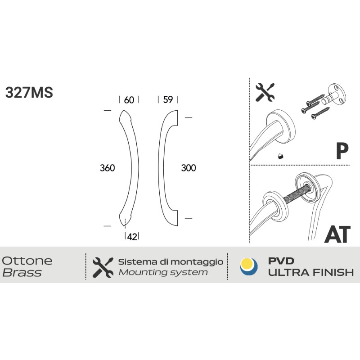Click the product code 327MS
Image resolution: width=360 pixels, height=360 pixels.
tap(29, 92)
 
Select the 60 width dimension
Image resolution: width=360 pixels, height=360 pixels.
tap(129, 100)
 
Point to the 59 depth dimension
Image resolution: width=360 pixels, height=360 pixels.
tap(168, 100)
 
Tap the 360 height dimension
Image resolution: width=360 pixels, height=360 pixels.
tap(107, 168)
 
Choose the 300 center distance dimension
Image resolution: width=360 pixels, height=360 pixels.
tap(189, 168)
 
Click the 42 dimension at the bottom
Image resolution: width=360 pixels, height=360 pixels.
tap(132, 237)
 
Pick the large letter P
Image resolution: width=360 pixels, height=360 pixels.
tap(342, 151)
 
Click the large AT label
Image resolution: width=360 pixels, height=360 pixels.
tap(337, 234)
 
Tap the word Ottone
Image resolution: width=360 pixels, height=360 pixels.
tap(27, 261)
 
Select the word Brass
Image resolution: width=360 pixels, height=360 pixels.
tap(22, 273)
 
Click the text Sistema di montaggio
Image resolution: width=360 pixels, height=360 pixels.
tap(171, 262)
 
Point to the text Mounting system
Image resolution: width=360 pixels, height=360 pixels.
tap(163, 273)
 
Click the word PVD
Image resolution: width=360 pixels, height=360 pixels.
tap(281, 261)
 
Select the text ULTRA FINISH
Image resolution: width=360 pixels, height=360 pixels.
tap(311, 273)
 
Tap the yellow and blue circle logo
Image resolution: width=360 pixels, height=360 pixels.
tap(249, 267)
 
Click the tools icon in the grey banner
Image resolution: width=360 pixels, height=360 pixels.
tap(103, 267)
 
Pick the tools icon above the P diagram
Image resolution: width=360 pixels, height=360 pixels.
tap(265, 92)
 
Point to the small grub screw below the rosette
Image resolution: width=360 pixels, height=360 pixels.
tap(280, 156)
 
